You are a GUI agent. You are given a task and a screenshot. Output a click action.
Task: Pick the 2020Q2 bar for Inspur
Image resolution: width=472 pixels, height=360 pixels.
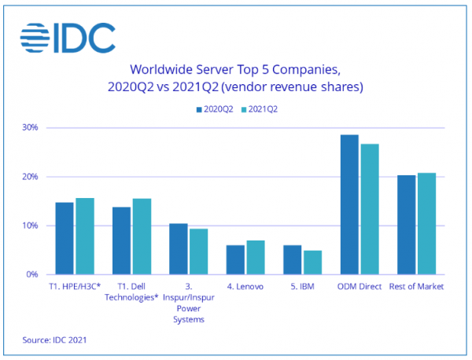[179, 249]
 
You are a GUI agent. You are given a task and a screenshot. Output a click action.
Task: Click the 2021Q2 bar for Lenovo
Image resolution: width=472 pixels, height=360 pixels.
[256, 258]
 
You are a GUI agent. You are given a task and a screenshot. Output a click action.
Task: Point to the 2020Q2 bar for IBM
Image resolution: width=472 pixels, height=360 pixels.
[292, 260]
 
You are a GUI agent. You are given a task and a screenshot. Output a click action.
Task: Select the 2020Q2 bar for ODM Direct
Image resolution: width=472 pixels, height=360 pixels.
[349, 205]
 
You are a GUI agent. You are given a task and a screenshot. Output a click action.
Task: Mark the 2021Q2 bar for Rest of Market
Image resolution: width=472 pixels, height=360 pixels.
[426, 224]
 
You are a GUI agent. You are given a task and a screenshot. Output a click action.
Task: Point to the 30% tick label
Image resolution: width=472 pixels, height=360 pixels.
[31, 127]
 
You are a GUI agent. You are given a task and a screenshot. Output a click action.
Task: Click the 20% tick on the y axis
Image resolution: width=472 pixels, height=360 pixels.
[31, 177]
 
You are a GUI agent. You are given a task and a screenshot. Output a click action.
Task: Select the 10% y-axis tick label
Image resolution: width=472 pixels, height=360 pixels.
[31, 226]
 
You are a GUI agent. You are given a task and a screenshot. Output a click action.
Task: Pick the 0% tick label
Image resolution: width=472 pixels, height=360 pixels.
[33, 275]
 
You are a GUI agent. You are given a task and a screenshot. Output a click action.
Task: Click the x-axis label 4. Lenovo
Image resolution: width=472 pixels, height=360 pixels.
[245, 287]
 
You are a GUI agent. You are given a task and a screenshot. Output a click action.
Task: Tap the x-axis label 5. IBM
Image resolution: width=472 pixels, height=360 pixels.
[301, 287]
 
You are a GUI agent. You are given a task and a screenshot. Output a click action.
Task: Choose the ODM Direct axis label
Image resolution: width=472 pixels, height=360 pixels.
[359, 287]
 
